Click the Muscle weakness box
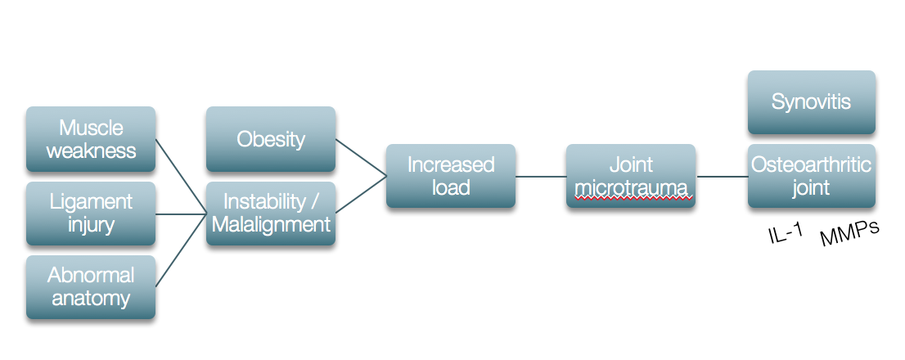pos(91,139)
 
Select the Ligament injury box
pos(91,214)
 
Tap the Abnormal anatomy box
pos(91,286)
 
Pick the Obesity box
pos(271,139)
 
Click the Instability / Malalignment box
pos(271,214)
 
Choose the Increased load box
pos(451,176)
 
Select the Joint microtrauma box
pos(630,176)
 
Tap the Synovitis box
pos(811,102)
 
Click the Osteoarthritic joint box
pos(811,176)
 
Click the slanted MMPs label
pos(849,234)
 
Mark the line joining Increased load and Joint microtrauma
pos(541,176)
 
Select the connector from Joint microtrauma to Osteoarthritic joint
pos(721,176)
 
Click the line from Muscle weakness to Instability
pos(181,177)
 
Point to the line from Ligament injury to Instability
pos(181,214)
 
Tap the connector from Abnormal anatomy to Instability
pos(181,250)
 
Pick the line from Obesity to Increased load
pos(361,157)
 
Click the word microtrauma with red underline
pos(630,187)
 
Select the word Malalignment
pos(271,224)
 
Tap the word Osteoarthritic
pos(811,165)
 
